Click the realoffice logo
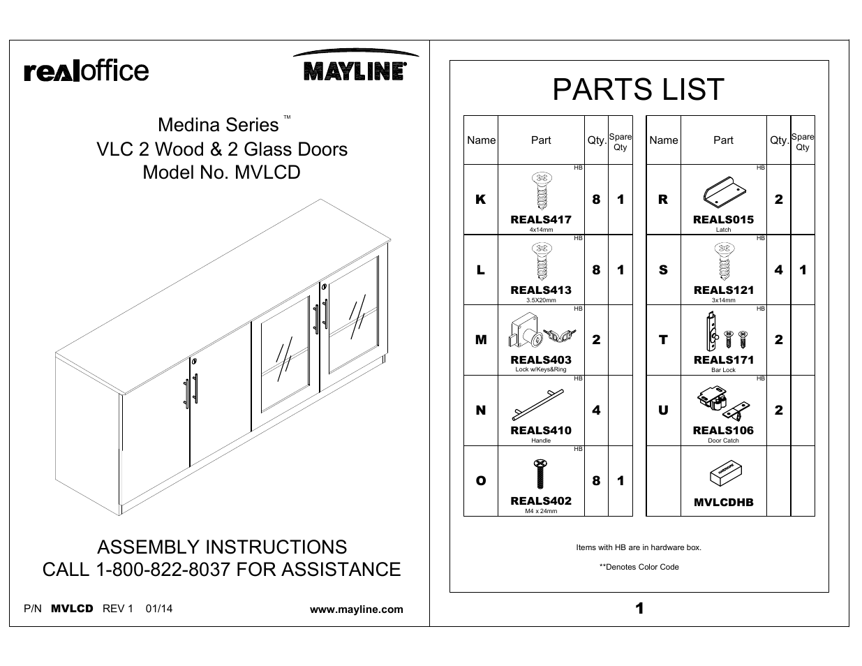[87, 71]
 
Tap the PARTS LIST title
[638, 89]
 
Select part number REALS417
[541, 219]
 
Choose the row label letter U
[663, 410]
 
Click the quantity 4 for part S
[778, 269]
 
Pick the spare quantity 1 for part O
[621, 481]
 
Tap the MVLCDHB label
[723, 502]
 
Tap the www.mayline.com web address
[356, 609]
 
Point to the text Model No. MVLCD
[221, 172]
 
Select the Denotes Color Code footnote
[639, 567]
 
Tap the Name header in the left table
[481, 140]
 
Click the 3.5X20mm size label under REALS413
[541, 300]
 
